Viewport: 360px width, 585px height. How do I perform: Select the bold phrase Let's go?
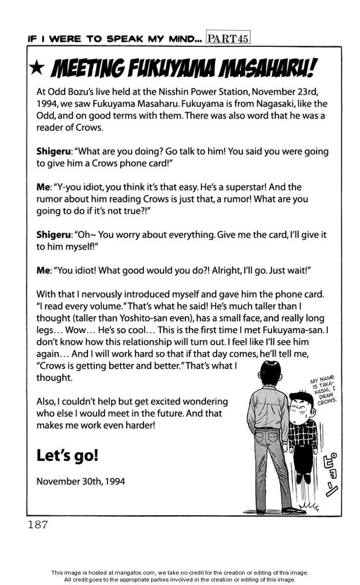67,455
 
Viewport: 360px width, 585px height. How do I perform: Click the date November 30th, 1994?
81,481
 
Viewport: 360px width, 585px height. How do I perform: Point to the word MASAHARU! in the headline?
266,69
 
